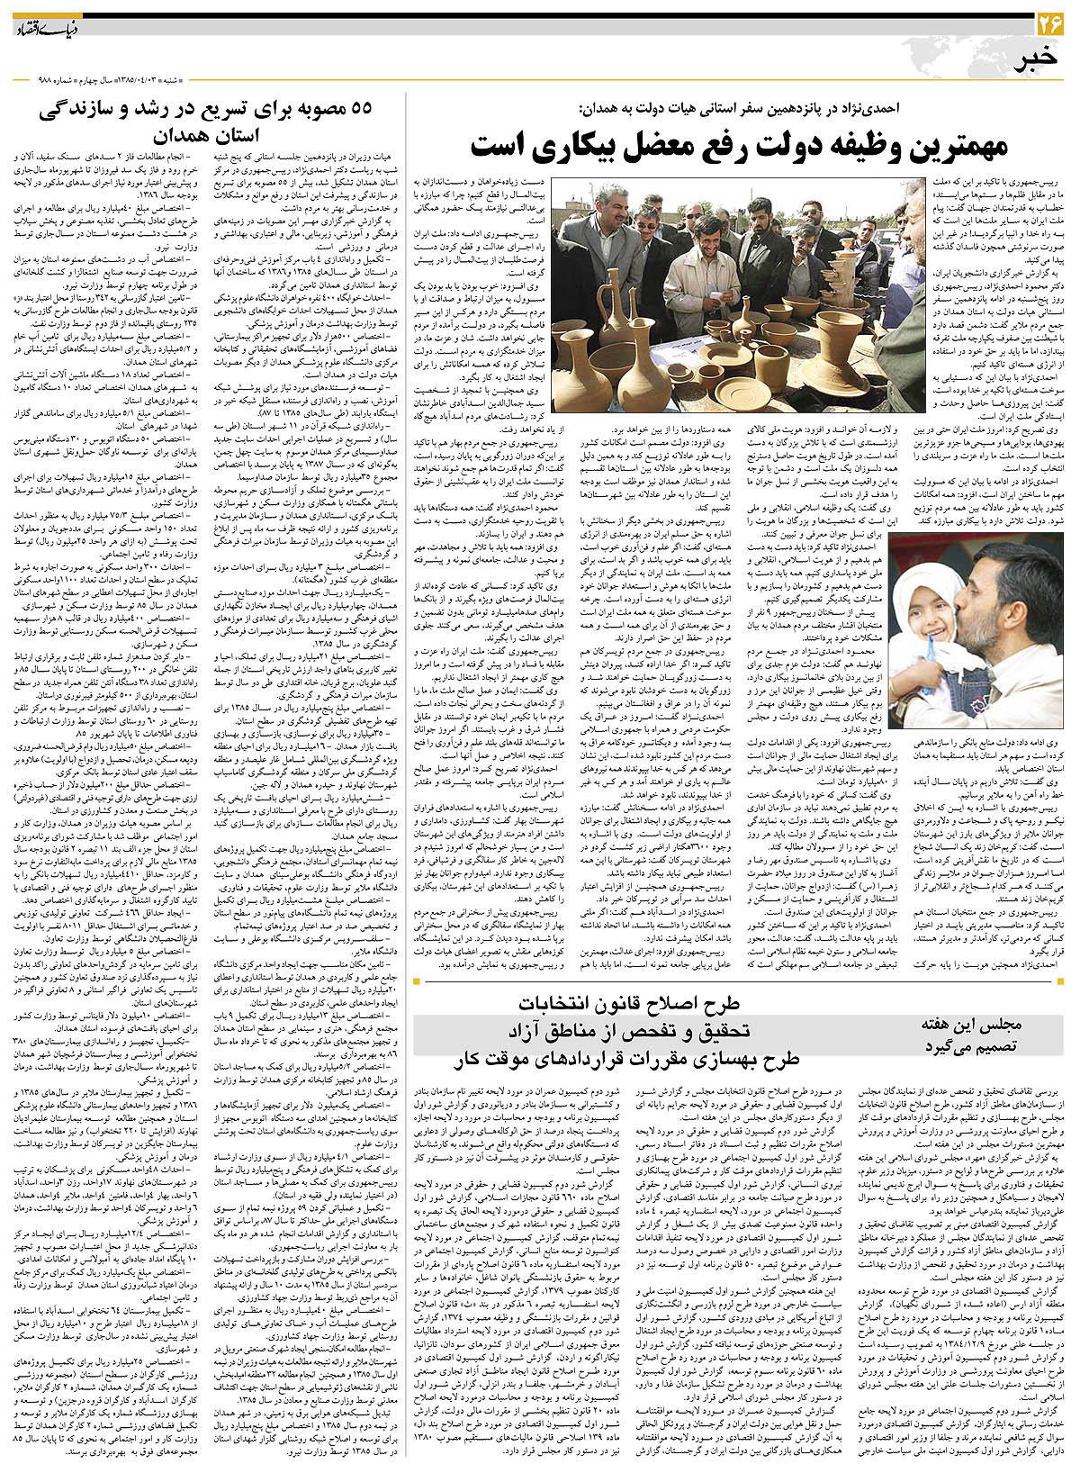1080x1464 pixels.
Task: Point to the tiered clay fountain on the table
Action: pos(838,297)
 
